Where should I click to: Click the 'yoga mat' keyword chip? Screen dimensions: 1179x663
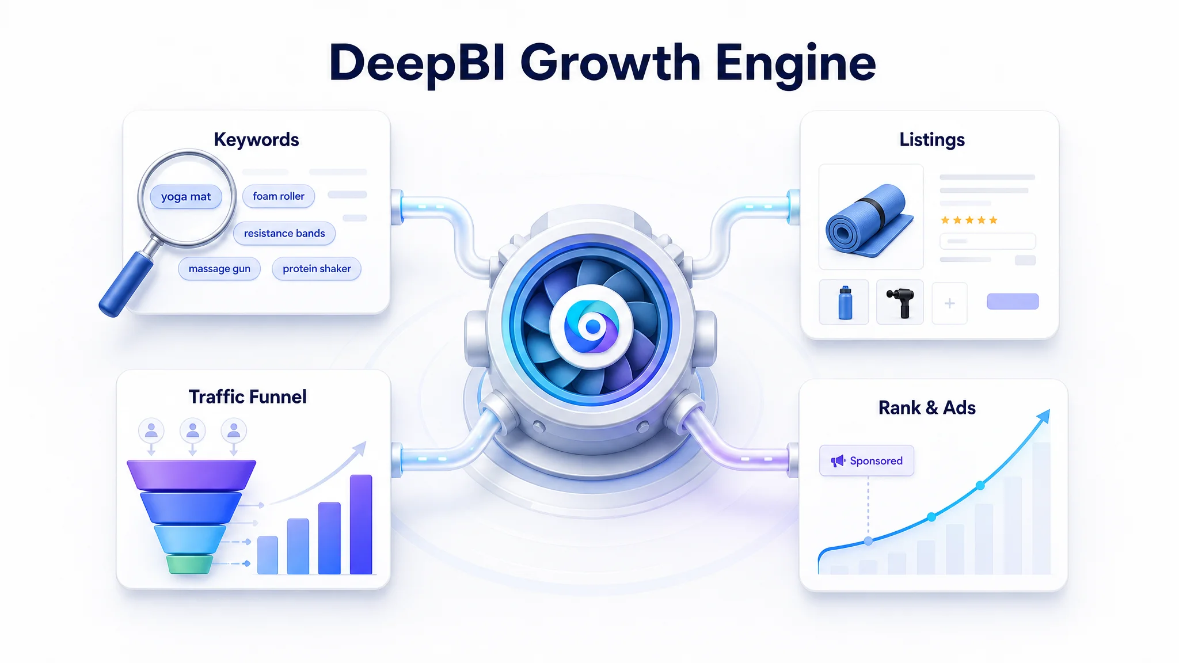186,197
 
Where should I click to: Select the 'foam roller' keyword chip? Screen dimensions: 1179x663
279,196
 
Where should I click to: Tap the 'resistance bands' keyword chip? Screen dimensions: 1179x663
284,233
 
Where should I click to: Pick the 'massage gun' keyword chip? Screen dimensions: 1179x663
219,269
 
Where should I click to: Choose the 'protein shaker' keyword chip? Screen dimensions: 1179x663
317,269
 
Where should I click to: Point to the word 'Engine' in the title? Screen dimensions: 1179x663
796,64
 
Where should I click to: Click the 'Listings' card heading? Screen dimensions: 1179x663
932,140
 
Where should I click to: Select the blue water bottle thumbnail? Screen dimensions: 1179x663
845,303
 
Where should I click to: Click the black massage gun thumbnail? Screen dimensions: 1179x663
900,303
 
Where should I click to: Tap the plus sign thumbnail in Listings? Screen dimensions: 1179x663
950,303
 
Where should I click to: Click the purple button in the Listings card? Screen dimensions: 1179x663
1013,302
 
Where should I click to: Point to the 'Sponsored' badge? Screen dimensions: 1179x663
866,460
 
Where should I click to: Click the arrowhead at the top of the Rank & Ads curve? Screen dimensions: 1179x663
1044,416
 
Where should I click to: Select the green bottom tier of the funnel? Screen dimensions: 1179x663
189,564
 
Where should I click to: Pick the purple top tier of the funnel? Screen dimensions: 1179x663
191,475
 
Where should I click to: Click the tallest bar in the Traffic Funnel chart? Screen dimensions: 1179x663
361,524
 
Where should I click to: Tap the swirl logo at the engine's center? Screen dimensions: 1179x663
592,327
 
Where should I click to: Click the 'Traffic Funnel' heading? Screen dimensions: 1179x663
248,397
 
